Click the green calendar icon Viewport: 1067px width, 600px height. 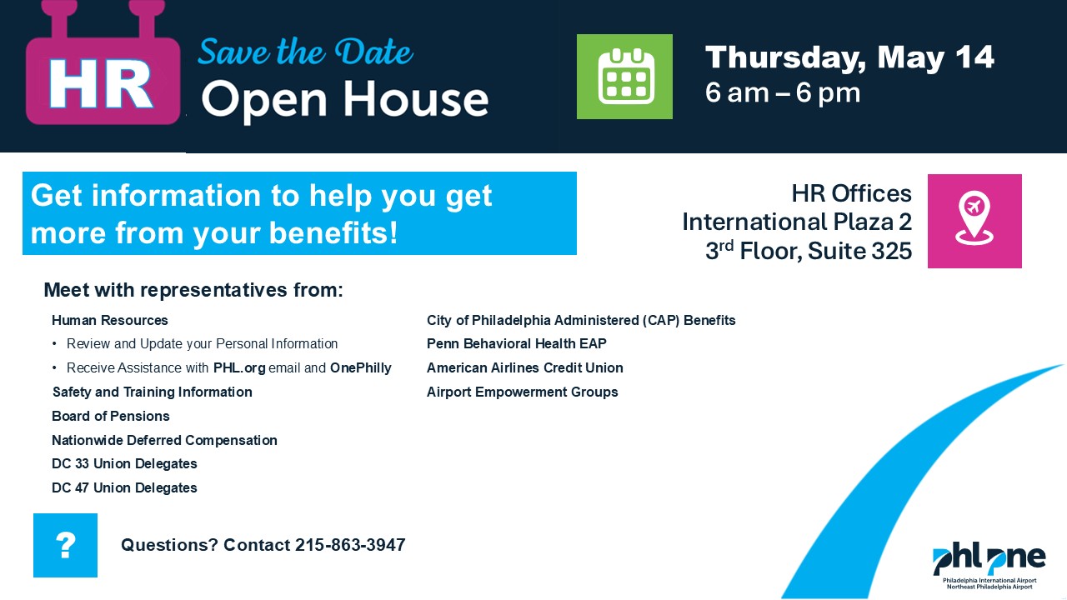(x=624, y=76)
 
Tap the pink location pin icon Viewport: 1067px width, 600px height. (x=974, y=221)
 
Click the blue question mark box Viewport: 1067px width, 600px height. (x=65, y=545)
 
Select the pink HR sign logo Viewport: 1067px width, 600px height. (x=103, y=64)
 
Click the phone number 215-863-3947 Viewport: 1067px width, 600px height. (x=350, y=545)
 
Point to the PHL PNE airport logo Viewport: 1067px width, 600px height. (x=989, y=566)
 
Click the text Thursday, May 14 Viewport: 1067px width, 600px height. (x=849, y=58)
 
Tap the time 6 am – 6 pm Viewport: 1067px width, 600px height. (x=783, y=93)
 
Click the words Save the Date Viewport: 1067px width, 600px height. (x=305, y=52)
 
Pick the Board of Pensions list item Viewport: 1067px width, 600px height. (x=111, y=416)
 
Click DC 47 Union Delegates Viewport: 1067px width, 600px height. (x=124, y=487)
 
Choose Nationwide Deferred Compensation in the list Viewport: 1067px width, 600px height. (x=164, y=440)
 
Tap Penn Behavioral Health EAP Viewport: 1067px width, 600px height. (x=516, y=343)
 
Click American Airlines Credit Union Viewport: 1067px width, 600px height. (x=525, y=367)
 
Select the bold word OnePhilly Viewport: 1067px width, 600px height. (x=361, y=367)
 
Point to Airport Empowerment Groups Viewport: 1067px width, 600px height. (x=522, y=392)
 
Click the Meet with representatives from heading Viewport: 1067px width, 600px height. (x=193, y=290)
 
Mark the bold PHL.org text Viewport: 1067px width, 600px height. (x=239, y=368)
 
